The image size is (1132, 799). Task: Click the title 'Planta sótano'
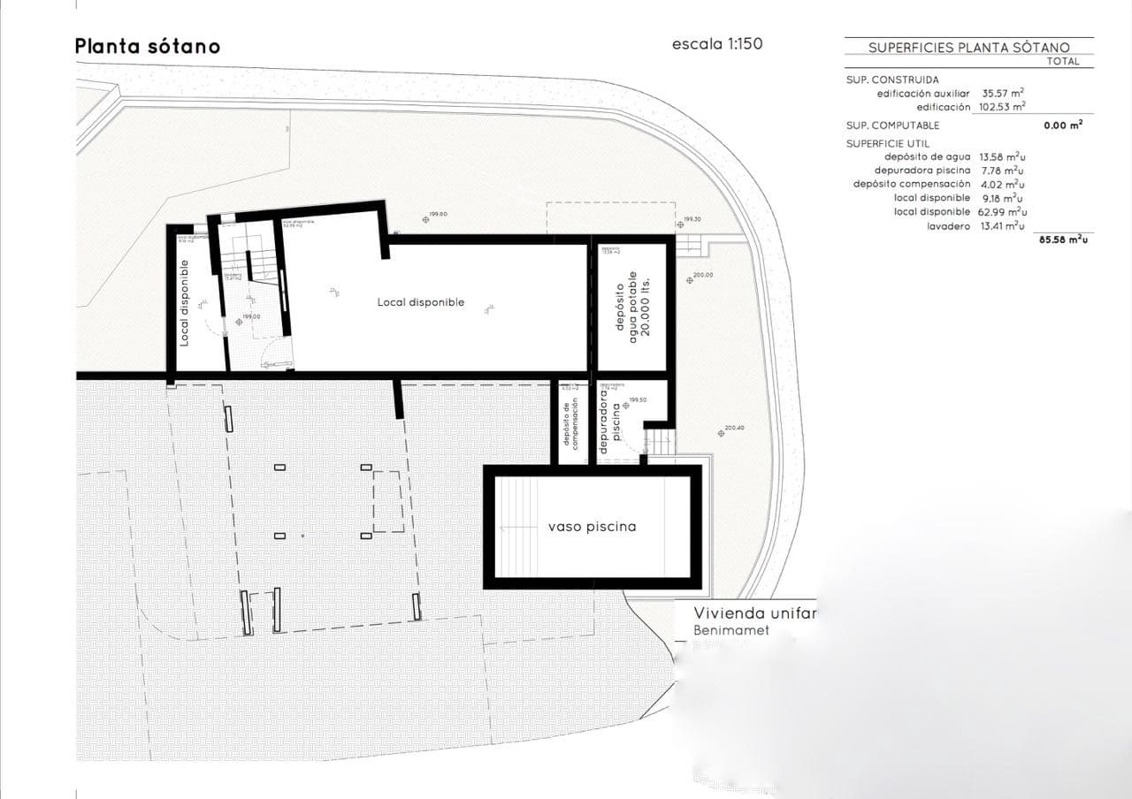(x=147, y=46)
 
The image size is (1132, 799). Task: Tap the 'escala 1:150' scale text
(x=716, y=44)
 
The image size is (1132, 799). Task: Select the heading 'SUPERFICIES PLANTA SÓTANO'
(x=968, y=48)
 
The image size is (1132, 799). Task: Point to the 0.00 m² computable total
(x=1063, y=126)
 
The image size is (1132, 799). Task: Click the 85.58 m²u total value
(x=1063, y=240)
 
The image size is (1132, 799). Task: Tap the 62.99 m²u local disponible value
(x=1002, y=212)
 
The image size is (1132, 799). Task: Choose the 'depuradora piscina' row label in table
(x=922, y=170)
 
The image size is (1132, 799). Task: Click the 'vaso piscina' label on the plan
(x=592, y=527)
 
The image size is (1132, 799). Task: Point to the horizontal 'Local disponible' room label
(x=420, y=302)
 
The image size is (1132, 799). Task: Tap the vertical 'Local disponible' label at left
(x=184, y=302)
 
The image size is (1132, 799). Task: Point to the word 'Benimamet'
(x=731, y=631)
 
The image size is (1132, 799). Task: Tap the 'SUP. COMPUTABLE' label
(x=892, y=126)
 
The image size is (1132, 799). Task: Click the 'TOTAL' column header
(x=1062, y=62)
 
